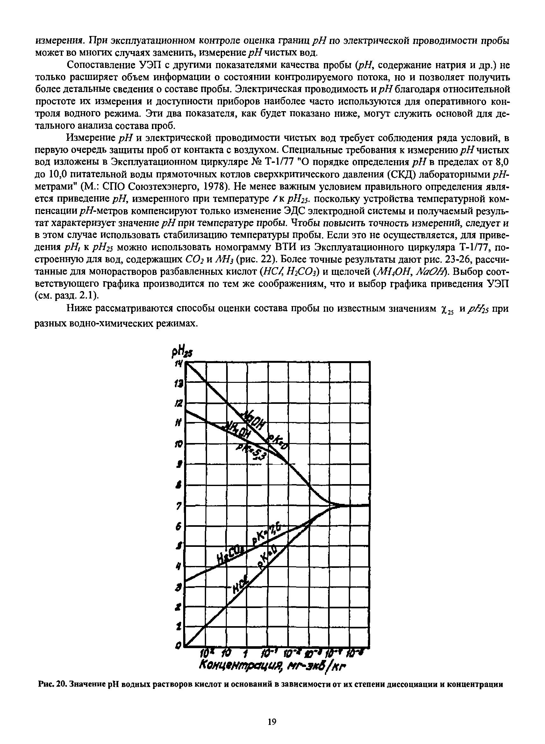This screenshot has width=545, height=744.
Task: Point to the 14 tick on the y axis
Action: pos(179,363)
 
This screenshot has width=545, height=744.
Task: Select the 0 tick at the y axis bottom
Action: pos(178,647)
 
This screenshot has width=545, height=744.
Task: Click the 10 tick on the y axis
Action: pos(179,445)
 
